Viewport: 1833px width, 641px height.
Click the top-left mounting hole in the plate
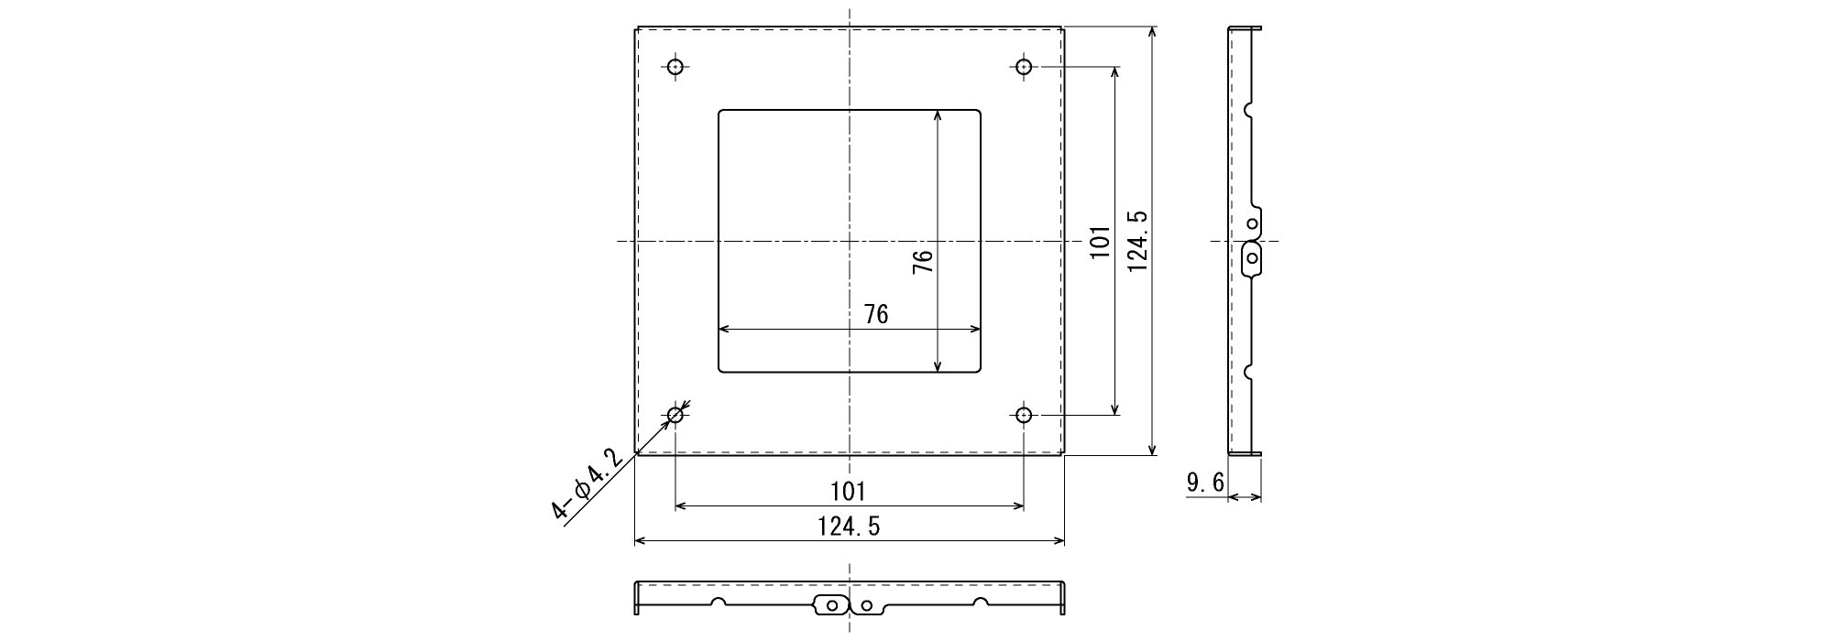(675, 67)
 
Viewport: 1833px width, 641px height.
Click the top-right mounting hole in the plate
(1024, 67)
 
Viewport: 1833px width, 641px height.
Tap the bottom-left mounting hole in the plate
(675, 416)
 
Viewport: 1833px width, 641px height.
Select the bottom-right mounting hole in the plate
(1024, 416)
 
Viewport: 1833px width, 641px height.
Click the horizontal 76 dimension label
(876, 314)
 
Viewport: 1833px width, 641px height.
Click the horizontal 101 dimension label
(848, 492)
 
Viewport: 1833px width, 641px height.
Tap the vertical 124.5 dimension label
(1137, 241)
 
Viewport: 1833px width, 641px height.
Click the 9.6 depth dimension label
(1204, 483)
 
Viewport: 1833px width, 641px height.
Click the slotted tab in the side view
(1252, 258)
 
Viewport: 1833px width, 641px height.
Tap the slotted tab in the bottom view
(830, 604)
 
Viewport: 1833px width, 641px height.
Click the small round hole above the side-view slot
(1253, 223)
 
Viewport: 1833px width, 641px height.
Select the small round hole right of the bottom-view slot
(866, 605)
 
